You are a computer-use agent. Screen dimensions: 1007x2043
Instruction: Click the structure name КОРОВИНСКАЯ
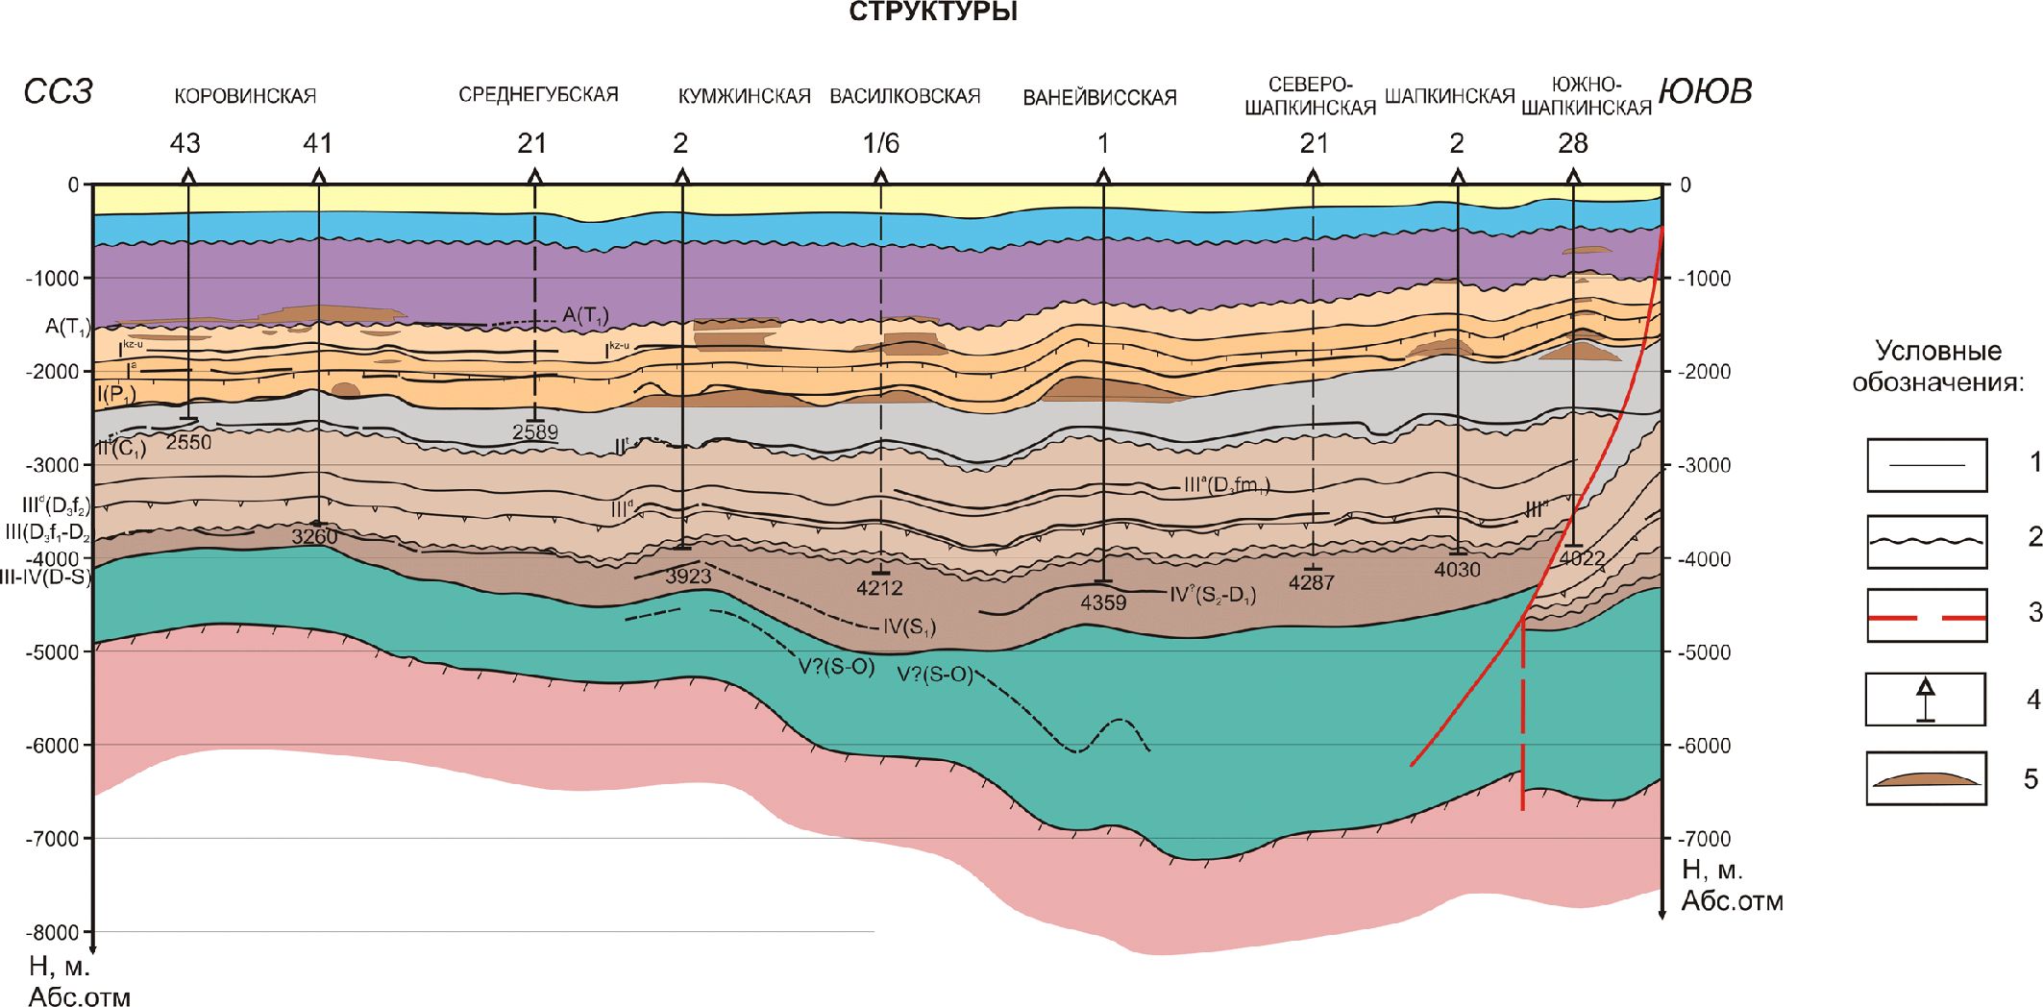pyautogui.click(x=245, y=96)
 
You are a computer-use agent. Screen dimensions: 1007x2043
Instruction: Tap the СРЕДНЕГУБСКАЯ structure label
pyautogui.click(x=538, y=95)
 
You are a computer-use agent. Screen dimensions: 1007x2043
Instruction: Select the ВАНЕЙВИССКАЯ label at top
pyautogui.click(x=1099, y=98)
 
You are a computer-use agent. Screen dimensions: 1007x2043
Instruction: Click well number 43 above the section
pyautogui.click(x=185, y=144)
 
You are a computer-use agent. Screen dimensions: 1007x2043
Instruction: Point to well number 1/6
pyautogui.click(x=880, y=144)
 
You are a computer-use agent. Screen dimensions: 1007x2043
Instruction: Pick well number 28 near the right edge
pyautogui.click(x=1572, y=144)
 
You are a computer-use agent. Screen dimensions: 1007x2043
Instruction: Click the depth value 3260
pyautogui.click(x=314, y=537)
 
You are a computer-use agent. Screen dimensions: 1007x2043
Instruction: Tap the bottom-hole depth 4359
pyautogui.click(x=1102, y=603)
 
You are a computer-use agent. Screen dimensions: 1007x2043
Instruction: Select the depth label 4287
pyautogui.click(x=1311, y=583)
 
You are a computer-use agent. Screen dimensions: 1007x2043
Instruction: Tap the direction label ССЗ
pyautogui.click(x=58, y=92)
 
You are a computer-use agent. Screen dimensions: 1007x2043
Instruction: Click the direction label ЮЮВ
pyautogui.click(x=1705, y=92)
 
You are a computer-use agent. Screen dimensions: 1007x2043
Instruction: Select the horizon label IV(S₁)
pyautogui.click(x=909, y=628)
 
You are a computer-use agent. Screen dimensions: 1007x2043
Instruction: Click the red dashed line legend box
pyautogui.click(x=1926, y=616)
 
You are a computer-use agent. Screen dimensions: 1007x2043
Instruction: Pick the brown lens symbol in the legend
pyautogui.click(x=1926, y=778)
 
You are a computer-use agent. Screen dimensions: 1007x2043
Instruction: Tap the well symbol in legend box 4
pyautogui.click(x=1925, y=700)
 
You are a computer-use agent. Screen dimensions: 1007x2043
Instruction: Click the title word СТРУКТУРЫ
pyautogui.click(x=933, y=12)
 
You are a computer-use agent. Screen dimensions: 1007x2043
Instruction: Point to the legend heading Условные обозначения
pyautogui.click(x=1937, y=366)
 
